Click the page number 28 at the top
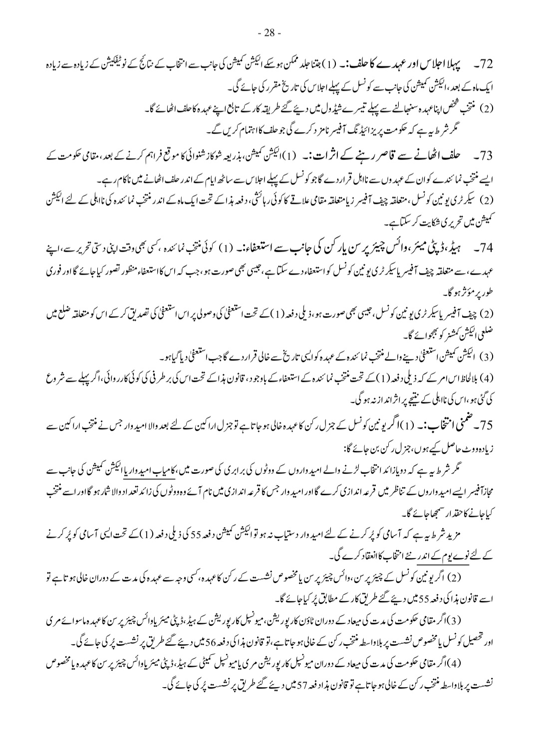coord(269,33)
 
